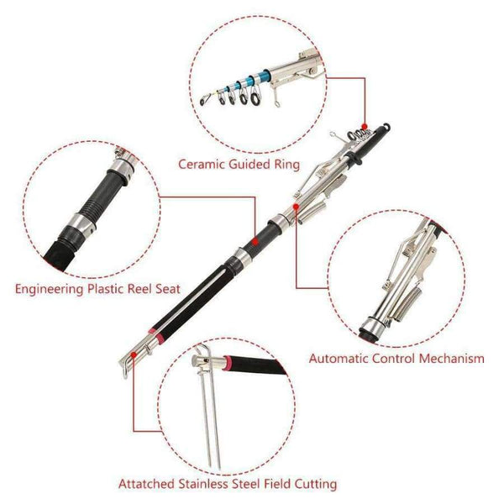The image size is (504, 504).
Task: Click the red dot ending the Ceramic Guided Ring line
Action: pyautogui.click(x=364, y=123)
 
